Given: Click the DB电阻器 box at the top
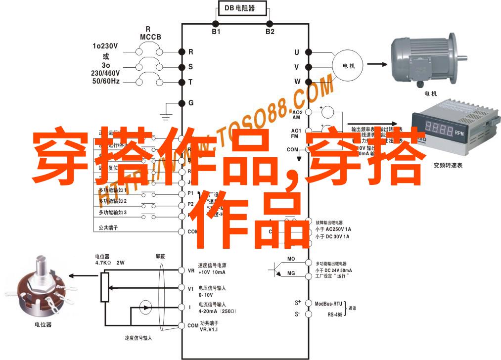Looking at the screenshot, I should (242, 8).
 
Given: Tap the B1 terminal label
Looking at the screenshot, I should (216, 31).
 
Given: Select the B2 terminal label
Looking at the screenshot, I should (270, 31).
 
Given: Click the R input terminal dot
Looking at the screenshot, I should (182, 51).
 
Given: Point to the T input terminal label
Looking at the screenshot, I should (191, 82).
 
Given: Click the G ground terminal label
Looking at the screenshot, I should (191, 103).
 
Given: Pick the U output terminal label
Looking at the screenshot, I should (297, 52).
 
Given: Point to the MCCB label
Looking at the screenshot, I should (148, 37).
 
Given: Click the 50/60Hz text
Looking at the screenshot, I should (105, 81).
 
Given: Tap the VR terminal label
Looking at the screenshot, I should (191, 270).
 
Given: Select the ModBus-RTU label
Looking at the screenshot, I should (328, 303).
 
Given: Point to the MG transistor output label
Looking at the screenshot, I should (291, 273).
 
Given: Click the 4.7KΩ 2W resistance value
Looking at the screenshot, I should (110, 263).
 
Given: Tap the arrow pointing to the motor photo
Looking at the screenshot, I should (376, 64).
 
